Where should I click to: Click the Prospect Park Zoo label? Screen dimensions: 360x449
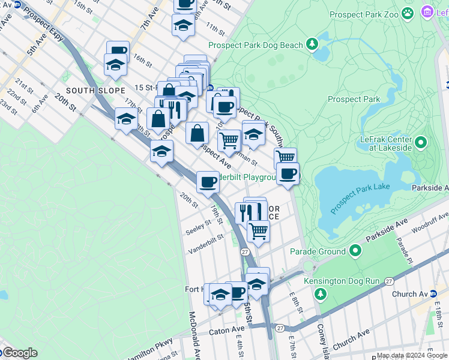click(x=364, y=13)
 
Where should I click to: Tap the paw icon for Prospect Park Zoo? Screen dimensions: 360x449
click(x=408, y=13)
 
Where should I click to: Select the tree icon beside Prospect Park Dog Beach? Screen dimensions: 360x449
click(x=312, y=44)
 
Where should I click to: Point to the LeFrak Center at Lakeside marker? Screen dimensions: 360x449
click(x=421, y=143)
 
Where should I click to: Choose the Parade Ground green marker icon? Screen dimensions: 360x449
click(x=355, y=251)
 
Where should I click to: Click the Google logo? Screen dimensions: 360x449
click(x=19, y=353)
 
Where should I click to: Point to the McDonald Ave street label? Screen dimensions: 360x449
click(x=194, y=334)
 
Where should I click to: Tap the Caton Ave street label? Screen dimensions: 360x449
click(x=226, y=330)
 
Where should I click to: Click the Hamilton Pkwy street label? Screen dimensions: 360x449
click(x=147, y=352)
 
